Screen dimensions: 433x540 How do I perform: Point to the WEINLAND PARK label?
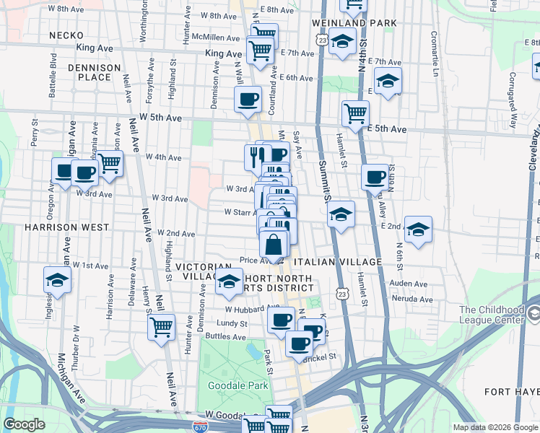354,23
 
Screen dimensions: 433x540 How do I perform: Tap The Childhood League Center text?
491,315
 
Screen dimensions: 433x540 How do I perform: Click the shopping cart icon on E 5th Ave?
356,113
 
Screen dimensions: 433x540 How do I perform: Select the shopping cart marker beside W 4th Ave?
110,163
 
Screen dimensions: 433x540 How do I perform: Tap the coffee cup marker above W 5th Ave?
248,99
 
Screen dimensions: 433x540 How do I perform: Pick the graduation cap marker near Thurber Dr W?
57,281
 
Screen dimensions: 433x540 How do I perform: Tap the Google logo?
24,424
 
